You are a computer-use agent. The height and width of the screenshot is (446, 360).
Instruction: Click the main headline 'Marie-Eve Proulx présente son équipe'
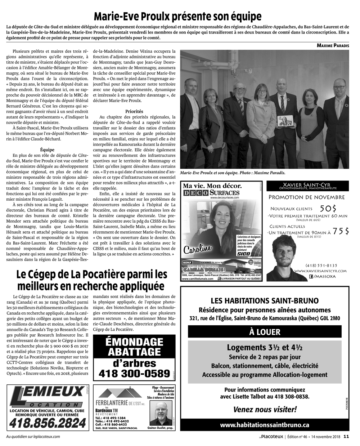[x=177, y=17]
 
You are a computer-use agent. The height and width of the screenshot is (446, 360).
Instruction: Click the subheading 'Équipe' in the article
[x=47, y=149]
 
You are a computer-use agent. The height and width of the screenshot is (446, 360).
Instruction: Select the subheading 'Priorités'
[x=134, y=112]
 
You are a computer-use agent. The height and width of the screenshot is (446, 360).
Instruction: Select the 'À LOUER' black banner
[x=265, y=332]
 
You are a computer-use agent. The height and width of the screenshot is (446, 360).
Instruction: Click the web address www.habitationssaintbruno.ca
[x=265, y=425]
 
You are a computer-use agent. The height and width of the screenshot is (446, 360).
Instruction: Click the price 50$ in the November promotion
[x=328, y=208]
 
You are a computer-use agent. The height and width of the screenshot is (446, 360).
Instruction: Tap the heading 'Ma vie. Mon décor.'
[x=212, y=186]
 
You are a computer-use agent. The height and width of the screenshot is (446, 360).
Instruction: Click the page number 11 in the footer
[x=346, y=437]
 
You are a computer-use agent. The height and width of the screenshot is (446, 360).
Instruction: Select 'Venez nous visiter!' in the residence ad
[x=265, y=409]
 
